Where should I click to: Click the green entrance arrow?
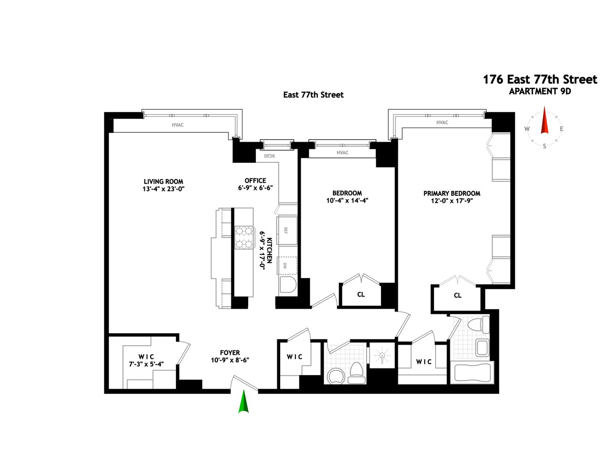(x=243, y=402)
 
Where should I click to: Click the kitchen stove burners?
(x=244, y=237)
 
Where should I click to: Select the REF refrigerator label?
(x=285, y=231)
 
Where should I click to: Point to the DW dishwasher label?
(x=285, y=266)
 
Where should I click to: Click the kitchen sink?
(x=288, y=285)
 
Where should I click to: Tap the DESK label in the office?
(x=270, y=156)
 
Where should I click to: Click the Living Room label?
(x=164, y=181)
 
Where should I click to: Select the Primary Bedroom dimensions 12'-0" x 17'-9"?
(x=452, y=201)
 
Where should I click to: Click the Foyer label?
(x=230, y=353)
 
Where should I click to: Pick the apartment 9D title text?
(x=540, y=91)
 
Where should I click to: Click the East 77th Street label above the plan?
(x=313, y=95)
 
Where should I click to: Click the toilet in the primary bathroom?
(x=479, y=324)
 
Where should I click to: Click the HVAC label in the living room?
(x=178, y=125)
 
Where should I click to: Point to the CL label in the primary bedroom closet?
(x=458, y=295)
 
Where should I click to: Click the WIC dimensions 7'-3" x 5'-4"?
(x=146, y=364)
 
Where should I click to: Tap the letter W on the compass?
(x=527, y=129)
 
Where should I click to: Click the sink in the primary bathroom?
(x=482, y=348)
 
